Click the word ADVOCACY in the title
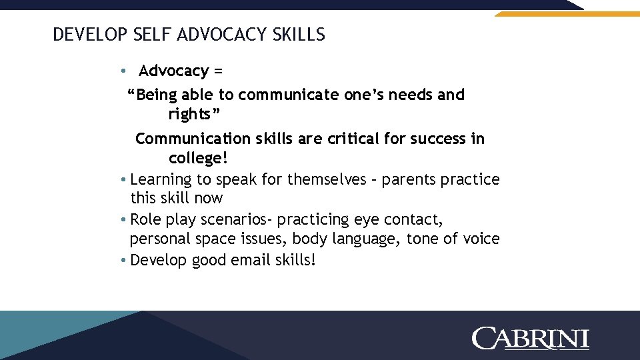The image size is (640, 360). coord(227,35)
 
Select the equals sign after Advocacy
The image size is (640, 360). coord(218,71)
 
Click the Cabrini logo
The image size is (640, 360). coord(531,338)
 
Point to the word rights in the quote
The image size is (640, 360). coord(191,115)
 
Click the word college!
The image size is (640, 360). coord(198,159)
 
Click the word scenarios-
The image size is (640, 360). coord(235,219)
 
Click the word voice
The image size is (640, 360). coord(479,239)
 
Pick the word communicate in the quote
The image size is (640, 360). coord(288,95)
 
